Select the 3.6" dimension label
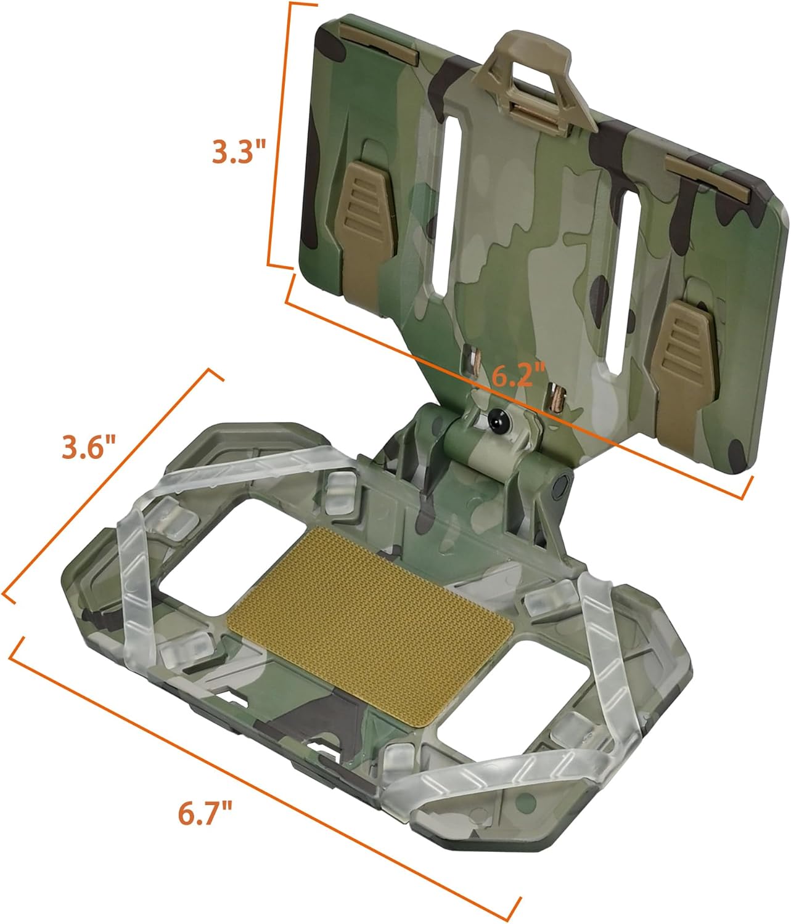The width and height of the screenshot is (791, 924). click(x=88, y=448)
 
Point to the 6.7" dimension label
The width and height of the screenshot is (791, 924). click(x=205, y=813)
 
